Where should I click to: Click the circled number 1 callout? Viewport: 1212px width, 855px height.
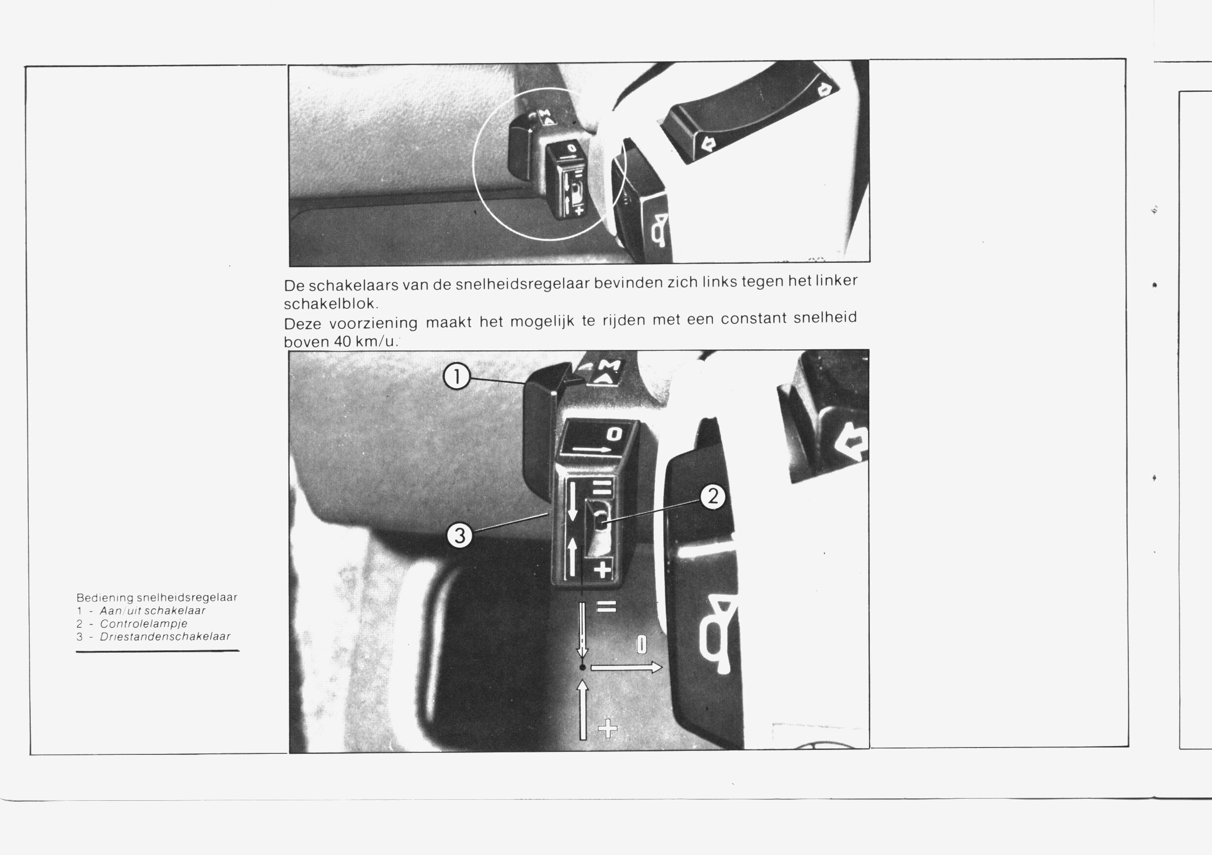456,377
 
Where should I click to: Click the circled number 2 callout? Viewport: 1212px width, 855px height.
713,497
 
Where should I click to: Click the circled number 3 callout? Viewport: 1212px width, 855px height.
460,535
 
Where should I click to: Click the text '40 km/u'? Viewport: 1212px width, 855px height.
364,342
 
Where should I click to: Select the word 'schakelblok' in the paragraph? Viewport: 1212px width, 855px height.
329,303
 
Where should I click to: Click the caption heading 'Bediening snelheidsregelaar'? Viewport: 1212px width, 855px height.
157,598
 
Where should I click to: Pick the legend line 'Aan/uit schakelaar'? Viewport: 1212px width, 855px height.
152,611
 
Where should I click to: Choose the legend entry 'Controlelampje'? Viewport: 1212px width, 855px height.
144,623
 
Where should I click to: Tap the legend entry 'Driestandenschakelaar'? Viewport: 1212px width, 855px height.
165,637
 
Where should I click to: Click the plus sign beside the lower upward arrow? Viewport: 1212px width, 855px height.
607,730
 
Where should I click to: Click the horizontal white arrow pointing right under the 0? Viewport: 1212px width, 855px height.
626,668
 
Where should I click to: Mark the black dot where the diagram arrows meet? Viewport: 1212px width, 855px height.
583,668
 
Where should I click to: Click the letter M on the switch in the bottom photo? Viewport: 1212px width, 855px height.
611,365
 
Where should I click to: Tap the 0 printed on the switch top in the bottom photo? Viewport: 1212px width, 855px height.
614,434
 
